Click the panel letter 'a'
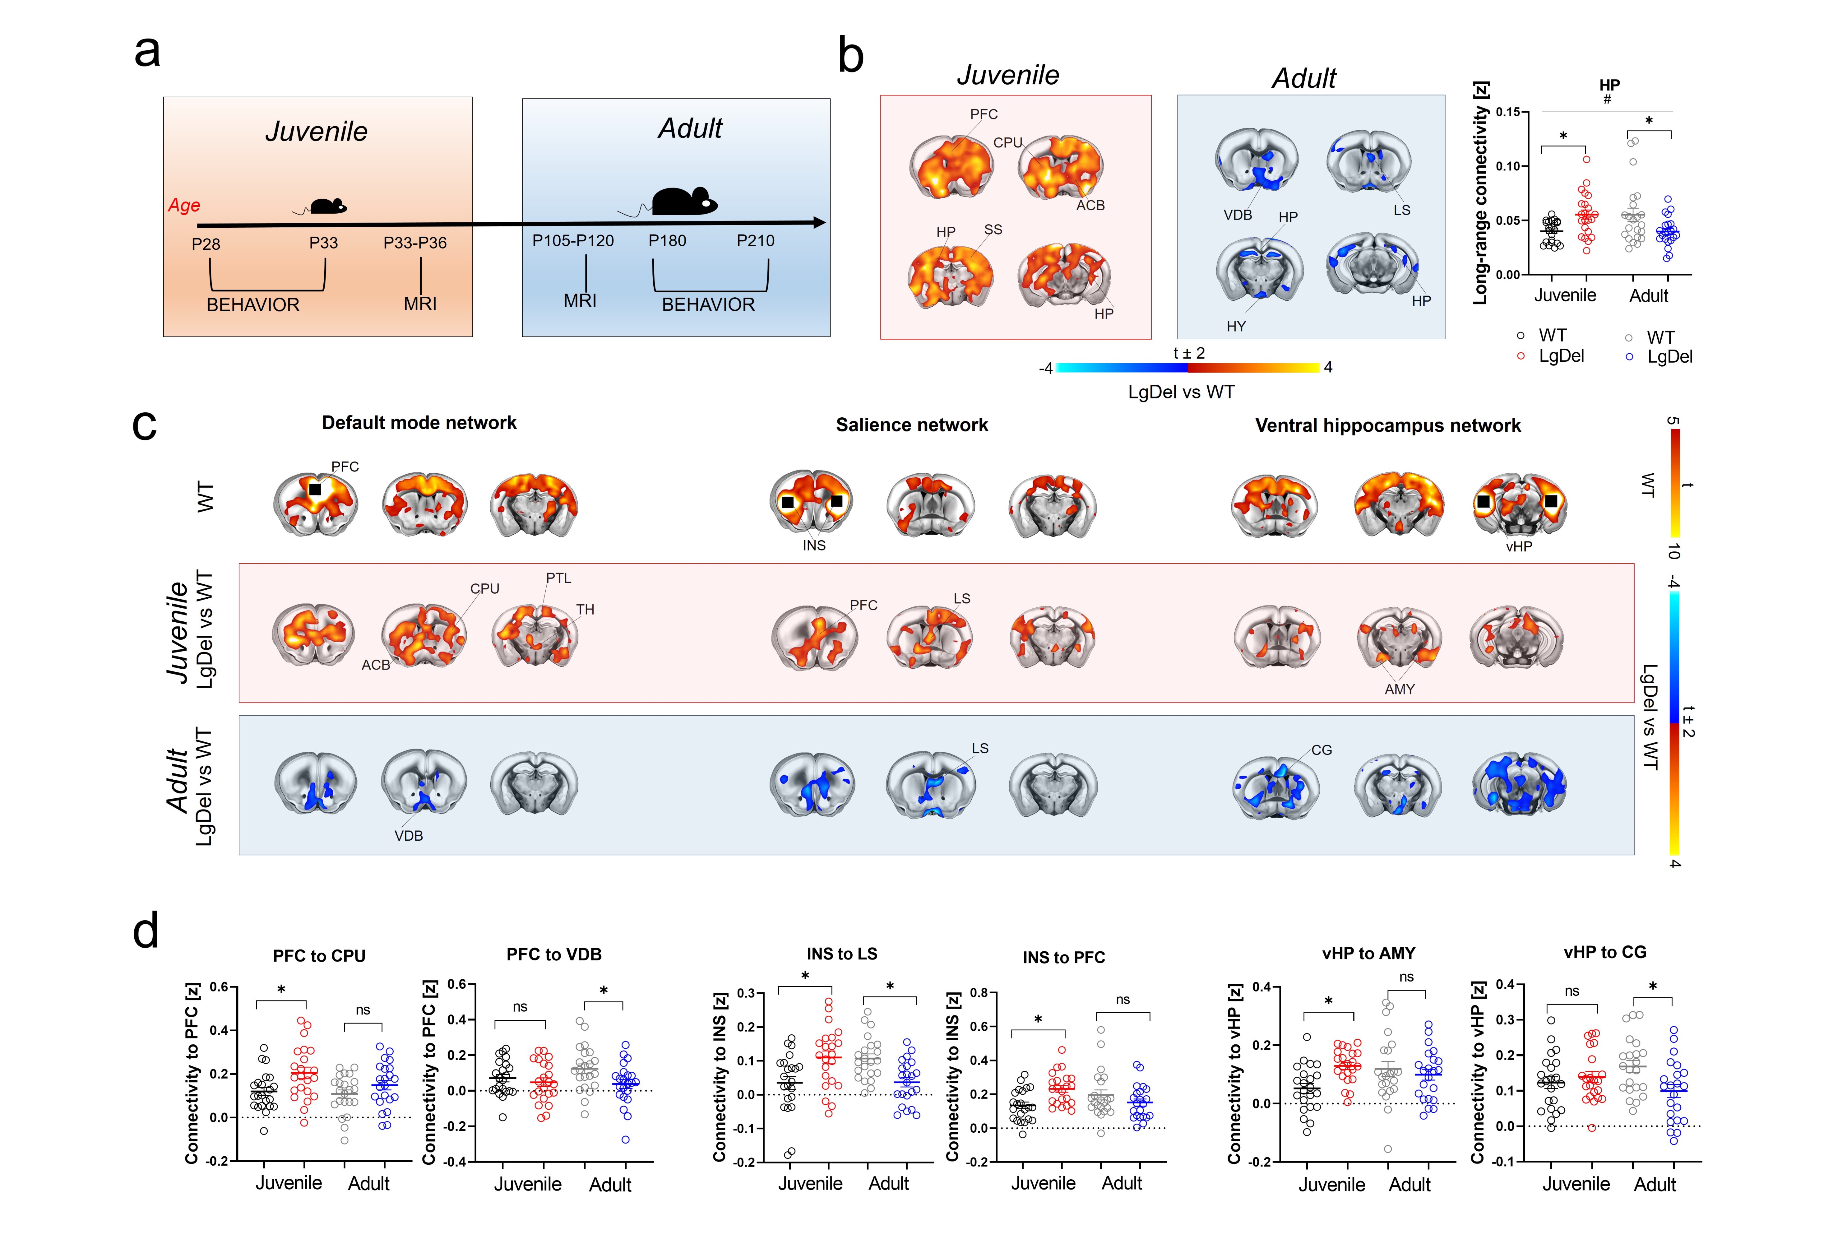click(x=147, y=52)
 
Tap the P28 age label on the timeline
click(x=206, y=244)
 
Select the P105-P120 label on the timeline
click(x=572, y=240)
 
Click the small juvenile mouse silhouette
click(x=327, y=206)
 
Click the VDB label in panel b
click(x=1237, y=215)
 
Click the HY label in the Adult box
click(x=1236, y=326)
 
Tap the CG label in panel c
click(x=1321, y=750)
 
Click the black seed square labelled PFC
click(x=315, y=490)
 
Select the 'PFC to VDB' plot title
click(x=553, y=954)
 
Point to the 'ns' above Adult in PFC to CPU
click(x=363, y=1010)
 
